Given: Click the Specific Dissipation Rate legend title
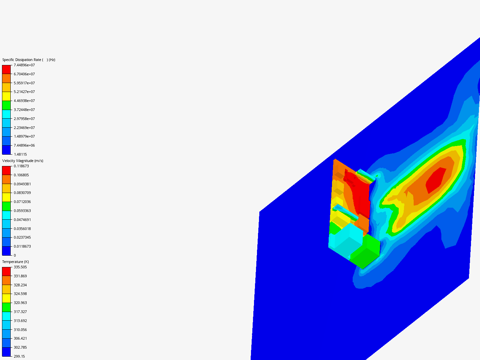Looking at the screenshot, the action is [29, 60].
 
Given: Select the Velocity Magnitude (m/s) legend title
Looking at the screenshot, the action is [23, 161].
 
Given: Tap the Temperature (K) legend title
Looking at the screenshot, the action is [16, 262].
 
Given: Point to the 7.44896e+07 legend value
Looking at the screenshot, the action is [24, 65].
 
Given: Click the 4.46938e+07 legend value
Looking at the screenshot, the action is [24, 101].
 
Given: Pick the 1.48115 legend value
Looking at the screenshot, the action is [20, 154].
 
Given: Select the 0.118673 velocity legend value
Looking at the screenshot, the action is [21, 166].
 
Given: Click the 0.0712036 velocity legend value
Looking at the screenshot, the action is [22, 202].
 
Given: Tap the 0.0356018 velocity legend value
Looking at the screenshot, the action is [22, 229].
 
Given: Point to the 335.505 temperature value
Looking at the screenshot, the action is [20, 267].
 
